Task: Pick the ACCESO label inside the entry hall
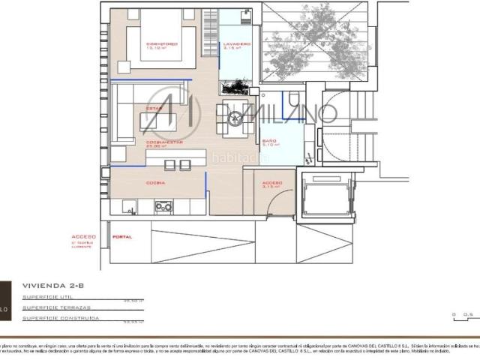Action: [x=271, y=183]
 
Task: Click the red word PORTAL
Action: [x=121, y=237]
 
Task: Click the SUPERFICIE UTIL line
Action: [x=48, y=298]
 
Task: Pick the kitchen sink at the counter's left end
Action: [x=126, y=205]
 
